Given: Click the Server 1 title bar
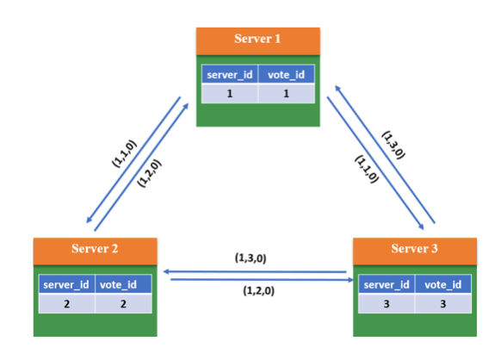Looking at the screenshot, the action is [x=258, y=41].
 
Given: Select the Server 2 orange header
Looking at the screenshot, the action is [x=96, y=251].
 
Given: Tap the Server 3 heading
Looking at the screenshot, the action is [x=415, y=251].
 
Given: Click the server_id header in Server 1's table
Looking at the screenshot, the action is [x=230, y=74].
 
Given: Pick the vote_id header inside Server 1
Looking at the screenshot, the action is [x=286, y=74].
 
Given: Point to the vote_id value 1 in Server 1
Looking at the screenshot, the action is [x=286, y=93].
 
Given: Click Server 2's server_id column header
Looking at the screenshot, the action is [x=66, y=284].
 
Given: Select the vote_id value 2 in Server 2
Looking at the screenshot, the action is [x=123, y=303].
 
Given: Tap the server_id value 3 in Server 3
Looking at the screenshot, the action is [x=387, y=303].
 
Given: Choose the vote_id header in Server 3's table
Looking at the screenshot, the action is [x=443, y=284].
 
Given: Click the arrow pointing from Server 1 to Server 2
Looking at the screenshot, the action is [x=133, y=160].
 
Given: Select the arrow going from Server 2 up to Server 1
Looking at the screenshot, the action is [x=141, y=166].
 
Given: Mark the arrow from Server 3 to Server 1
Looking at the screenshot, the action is [x=385, y=154].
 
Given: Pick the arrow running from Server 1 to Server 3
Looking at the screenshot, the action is [x=375, y=163].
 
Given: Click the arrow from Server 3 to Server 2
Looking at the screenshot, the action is [x=255, y=272].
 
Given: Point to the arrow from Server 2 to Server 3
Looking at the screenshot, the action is [x=262, y=280].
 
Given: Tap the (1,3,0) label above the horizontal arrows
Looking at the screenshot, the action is [x=251, y=258].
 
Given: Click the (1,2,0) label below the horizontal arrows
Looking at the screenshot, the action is [x=259, y=290].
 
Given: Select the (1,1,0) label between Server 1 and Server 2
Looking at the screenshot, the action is [x=124, y=153].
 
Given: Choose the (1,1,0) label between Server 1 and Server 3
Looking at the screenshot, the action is [x=367, y=169].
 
